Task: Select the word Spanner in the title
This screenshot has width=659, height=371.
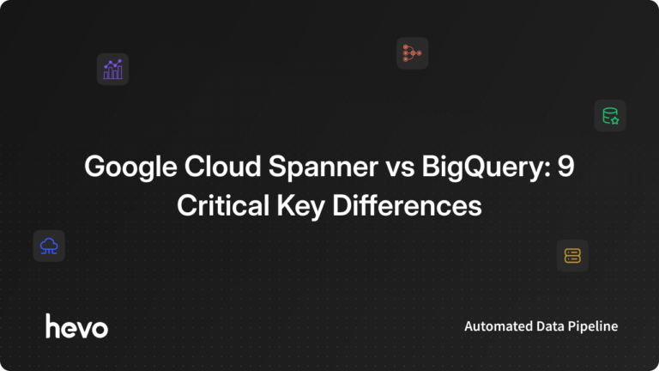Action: [x=296, y=167]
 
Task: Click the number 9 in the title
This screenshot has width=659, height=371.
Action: [x=565, y=167]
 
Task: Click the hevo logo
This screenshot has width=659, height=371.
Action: [x=76, y=326]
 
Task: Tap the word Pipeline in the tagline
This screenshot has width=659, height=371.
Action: [x=595, y=327]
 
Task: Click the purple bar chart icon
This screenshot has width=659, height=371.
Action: [x=112, y=69]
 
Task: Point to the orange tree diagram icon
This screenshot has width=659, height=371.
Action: [x=412, y=53]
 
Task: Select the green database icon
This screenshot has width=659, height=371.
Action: [x=610, y=115]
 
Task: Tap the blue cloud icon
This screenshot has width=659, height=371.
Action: [x=49, y=246]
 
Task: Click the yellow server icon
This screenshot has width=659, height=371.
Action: [x=572, y=255]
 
